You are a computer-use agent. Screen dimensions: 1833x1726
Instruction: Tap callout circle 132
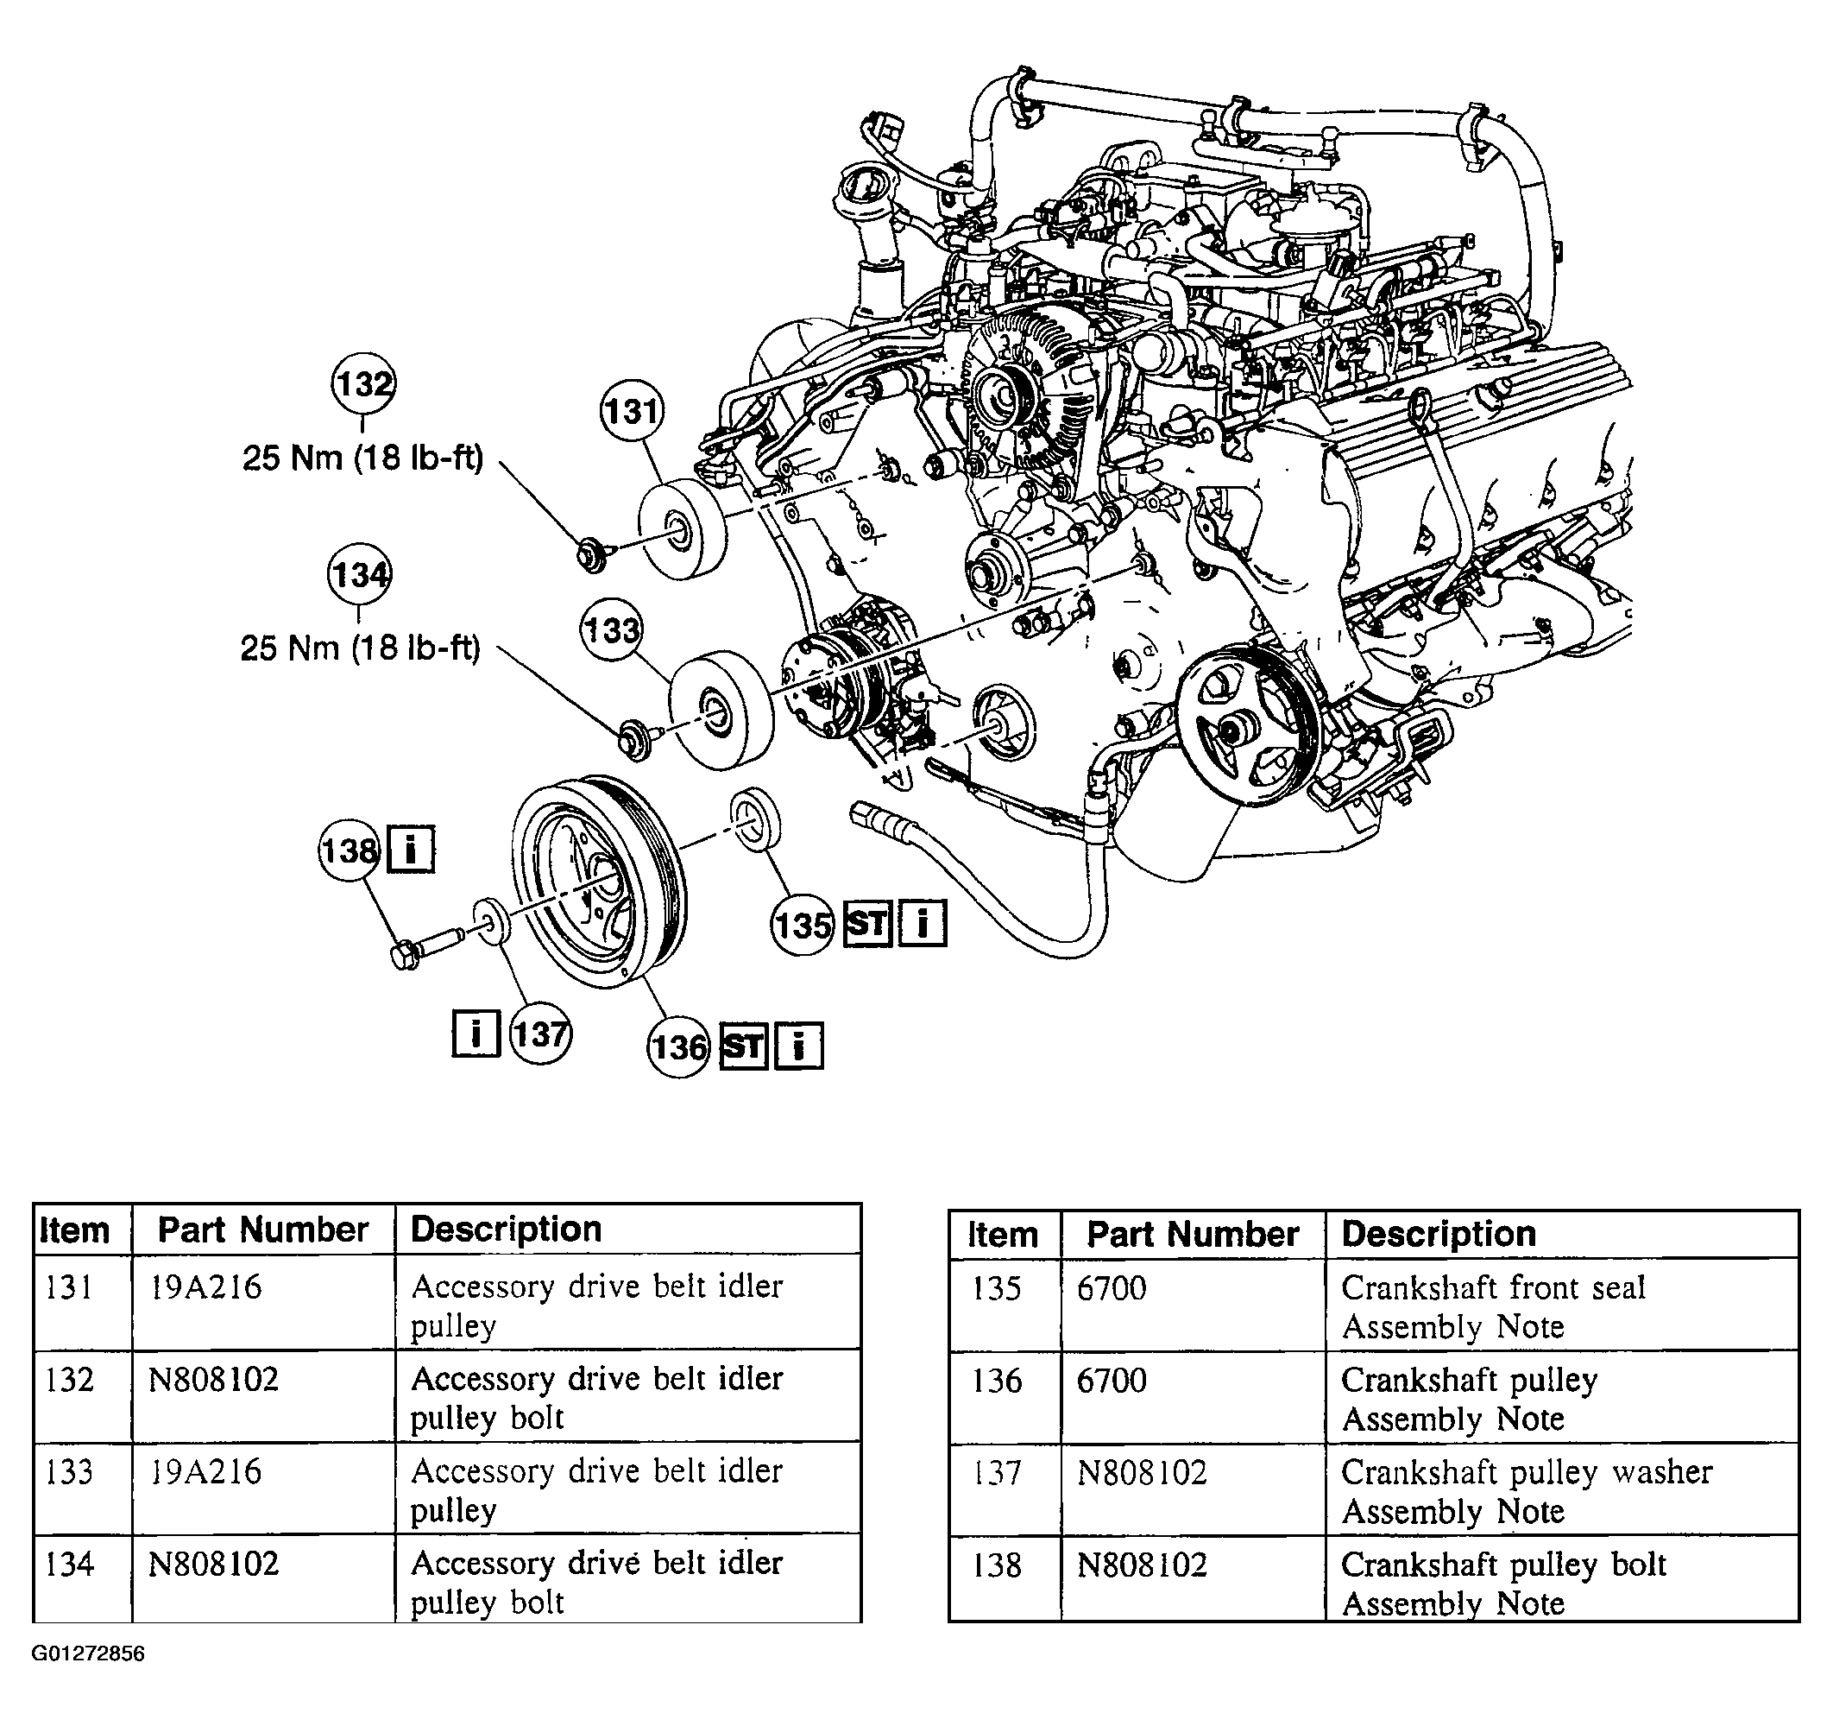363,383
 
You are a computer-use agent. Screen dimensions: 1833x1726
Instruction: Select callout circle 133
611,631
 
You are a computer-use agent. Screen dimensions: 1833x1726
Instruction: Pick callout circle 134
359,575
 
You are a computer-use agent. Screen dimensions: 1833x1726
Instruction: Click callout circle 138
350,850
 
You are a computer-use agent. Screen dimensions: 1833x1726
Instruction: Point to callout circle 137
540,1034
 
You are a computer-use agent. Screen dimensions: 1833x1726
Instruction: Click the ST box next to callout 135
867,923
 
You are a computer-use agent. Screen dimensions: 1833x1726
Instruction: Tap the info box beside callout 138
410,849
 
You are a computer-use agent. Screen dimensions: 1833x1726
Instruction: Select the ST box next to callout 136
743,1046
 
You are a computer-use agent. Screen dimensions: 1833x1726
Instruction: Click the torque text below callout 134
361,648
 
